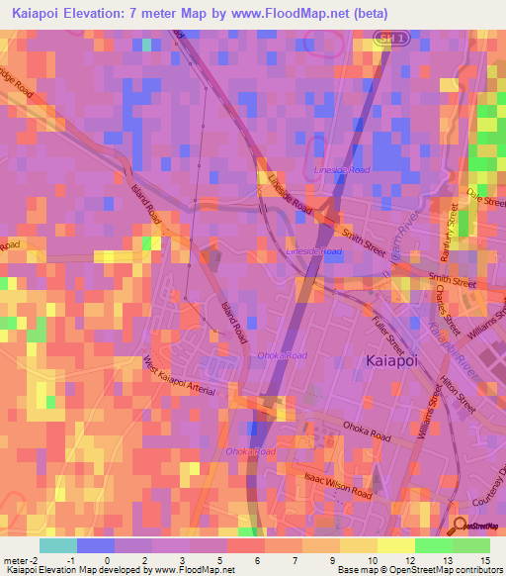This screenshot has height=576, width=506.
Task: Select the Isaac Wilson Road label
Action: click(x=338, y=488)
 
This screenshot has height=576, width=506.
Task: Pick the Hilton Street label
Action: click(x=461, y=392)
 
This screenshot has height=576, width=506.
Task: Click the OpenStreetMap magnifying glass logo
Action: click(x=458, y=524)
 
